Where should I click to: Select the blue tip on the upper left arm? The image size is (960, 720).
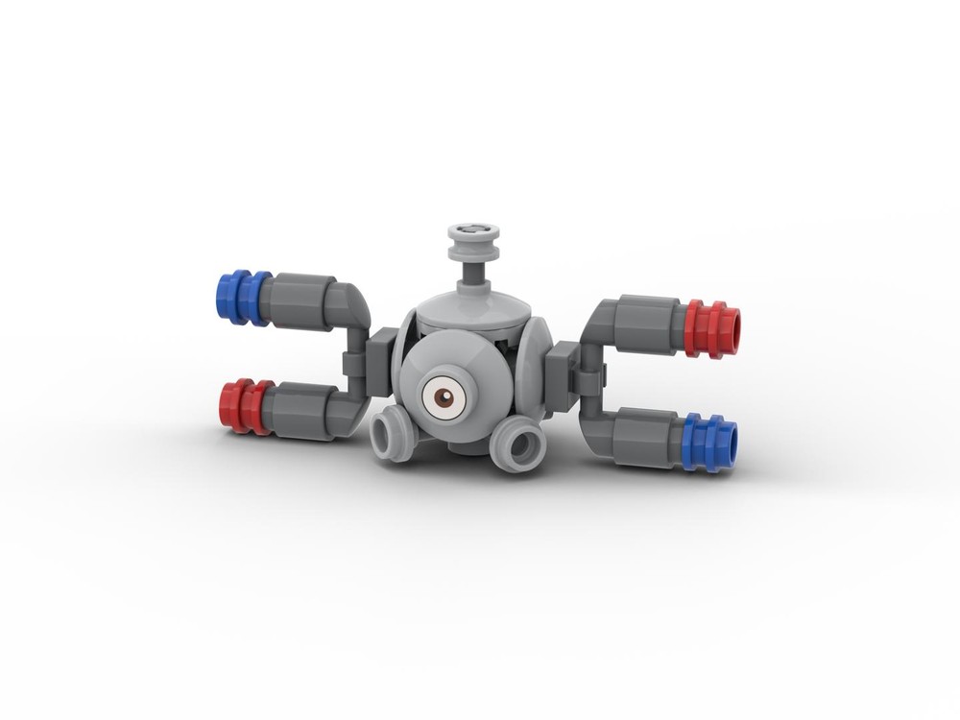[242, 297]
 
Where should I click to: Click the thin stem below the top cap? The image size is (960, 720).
[471, 273]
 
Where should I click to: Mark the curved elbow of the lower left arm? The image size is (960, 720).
[350, 411]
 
